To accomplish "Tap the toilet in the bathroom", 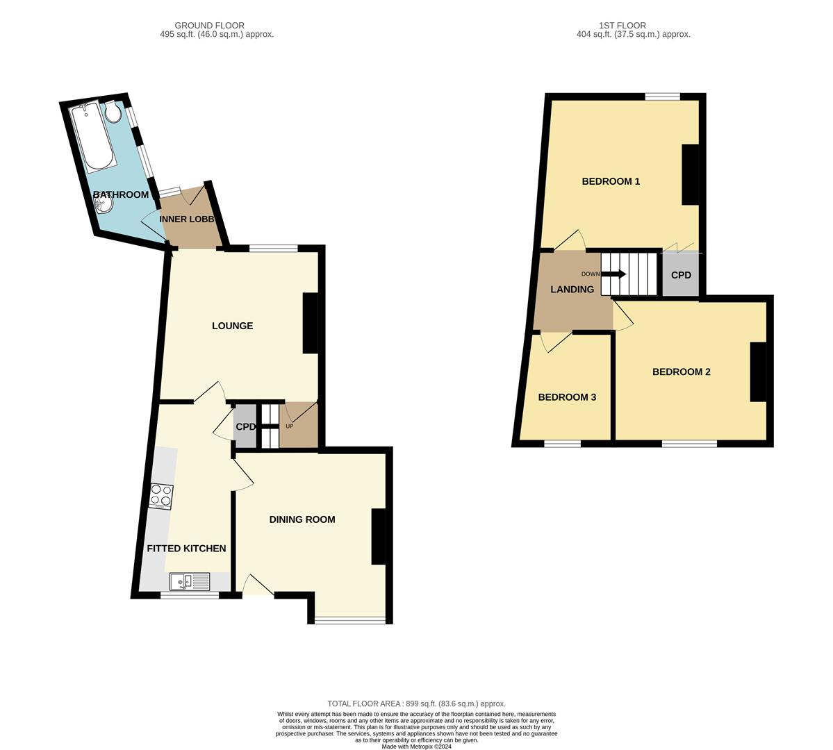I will point(113,112).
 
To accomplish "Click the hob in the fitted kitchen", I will point(161,495).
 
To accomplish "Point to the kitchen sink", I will point(190,581).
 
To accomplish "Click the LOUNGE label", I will point(232,326).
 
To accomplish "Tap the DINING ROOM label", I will point(302,519).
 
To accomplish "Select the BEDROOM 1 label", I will point(611,181).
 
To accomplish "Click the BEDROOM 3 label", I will point(567,397).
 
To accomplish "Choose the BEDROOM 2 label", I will point(681,372).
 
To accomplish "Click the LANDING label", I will point(572,290).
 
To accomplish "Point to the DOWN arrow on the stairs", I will point(614,274).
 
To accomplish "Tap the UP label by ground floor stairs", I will point(290,426).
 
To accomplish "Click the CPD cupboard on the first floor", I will point(681,275).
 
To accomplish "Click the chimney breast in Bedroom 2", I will point(758,372).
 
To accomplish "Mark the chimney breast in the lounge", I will point(311,324).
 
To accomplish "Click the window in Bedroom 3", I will point(562,443).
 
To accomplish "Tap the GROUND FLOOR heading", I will point(209,26).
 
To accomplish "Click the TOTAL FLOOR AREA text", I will point(416,703).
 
